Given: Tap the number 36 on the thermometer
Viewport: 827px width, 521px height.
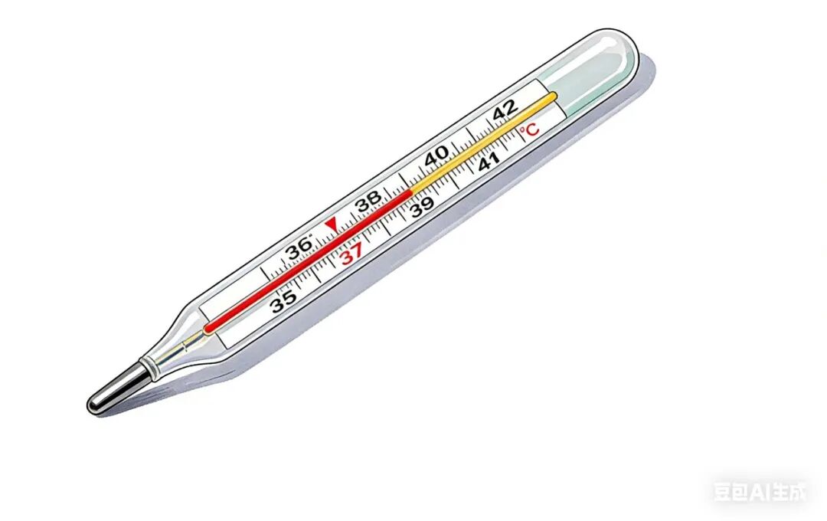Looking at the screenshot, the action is point(299,248).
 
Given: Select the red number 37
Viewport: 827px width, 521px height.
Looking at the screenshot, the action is point(351,254).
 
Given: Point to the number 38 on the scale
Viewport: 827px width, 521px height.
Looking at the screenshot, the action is point(368,201).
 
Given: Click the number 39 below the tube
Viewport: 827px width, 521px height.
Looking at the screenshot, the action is point(423,207).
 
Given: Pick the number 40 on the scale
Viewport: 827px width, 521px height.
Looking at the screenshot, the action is point(437,156).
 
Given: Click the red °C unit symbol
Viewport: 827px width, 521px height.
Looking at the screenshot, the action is point(529,129).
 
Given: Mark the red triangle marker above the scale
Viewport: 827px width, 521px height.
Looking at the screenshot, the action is point(332,224).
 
